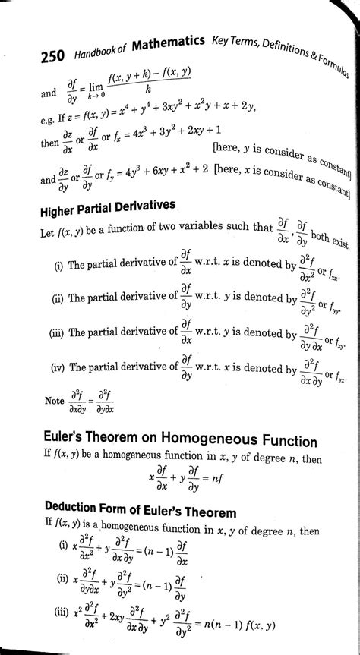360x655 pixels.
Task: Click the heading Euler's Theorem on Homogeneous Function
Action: [x=176, y=442]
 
